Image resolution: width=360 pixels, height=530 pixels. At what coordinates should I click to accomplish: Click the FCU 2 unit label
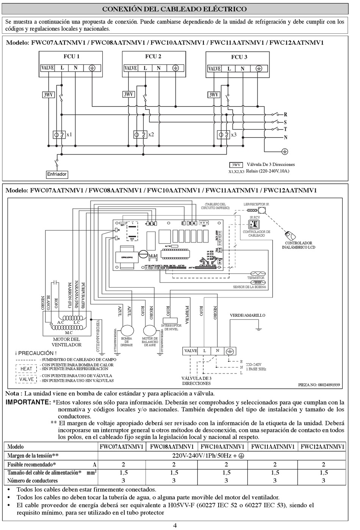coord(153,56)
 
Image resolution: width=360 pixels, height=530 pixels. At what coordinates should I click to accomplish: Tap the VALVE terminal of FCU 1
coord(47,68)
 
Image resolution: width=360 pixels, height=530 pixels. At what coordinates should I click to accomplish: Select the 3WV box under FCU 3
coord(214,95)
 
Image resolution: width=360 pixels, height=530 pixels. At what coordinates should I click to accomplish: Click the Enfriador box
coord(57,174)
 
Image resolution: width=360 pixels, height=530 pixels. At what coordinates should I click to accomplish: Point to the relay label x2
coord(151,134)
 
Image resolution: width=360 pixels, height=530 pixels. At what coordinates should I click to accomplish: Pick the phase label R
coord(285,114)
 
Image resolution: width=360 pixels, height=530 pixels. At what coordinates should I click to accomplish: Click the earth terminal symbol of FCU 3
coord(259,69)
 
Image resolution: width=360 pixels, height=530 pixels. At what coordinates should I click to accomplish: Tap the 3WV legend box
coord(236,165)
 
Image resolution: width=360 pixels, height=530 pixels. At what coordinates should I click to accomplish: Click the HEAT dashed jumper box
coord(27,369)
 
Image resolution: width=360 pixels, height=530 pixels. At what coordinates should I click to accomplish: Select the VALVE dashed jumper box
coord(27,379)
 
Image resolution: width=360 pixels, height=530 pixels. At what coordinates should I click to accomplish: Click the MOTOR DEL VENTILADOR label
coord(66,342)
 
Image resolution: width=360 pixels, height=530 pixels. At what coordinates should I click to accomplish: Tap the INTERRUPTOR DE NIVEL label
coord(171,327)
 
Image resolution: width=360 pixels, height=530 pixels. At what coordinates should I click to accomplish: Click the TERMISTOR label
coord(256,278)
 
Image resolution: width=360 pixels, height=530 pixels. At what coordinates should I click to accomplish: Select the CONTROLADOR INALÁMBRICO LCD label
coord(299,245)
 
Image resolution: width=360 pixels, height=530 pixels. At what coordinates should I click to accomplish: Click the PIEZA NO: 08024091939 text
coord(319,385)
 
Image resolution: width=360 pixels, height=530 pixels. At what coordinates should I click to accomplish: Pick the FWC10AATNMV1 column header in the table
coord(222,447)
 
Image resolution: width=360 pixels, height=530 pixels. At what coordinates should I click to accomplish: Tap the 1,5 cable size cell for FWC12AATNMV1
coord(324,472)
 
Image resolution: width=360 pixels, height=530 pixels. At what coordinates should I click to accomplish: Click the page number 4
coord(175,525)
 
